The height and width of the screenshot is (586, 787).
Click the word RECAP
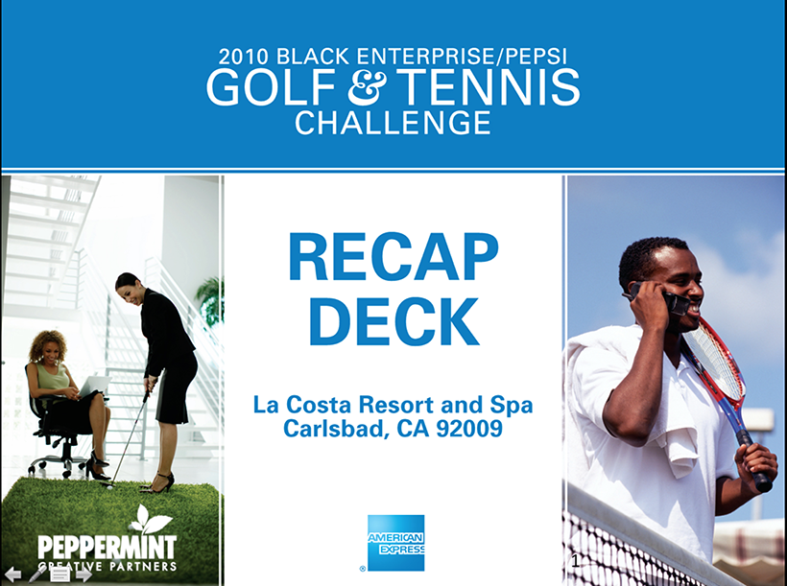coord(393,257)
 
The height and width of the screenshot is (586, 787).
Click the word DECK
coord(394,321)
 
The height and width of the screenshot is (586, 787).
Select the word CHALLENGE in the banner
coord(393,123)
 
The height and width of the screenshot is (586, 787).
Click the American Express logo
coord(395,543)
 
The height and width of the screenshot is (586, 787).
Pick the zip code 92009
coord(469,429)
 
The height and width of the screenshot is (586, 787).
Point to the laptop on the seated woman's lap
coord(94,386)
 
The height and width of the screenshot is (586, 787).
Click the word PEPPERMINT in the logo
coord(107,548)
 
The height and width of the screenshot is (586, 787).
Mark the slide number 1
coord(575,561)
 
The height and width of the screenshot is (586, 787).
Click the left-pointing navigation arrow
coord(12,574)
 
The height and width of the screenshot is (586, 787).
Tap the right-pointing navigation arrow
coord(83,574)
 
